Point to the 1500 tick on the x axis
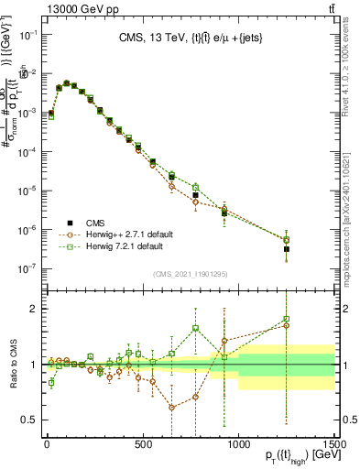click(334, 442)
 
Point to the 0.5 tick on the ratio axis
click(31, 420)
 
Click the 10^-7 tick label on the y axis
click(27, 268)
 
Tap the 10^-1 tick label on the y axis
click(27, 34)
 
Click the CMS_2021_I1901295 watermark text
click(190, 274)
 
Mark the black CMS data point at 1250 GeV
click(287, 248)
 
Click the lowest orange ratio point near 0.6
click(171, 408)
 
